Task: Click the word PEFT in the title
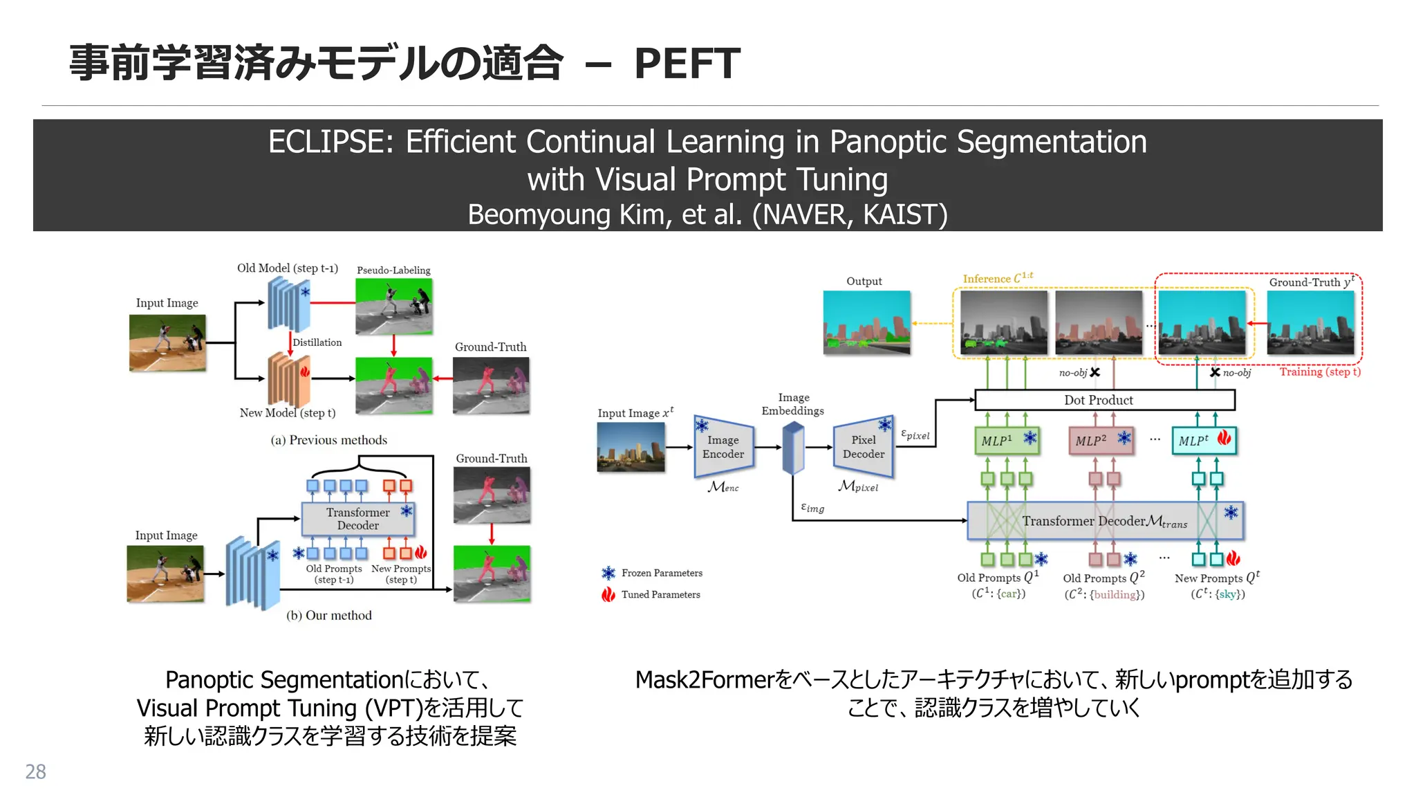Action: (x=687, y=64)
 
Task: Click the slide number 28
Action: (x=35, y=771)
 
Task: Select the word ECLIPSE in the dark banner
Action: (x=330, y=143)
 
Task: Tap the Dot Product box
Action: (x=1104, y=400)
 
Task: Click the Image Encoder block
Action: (x=723, y=448)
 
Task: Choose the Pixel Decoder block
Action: (x=864, y=448)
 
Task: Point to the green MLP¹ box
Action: (x=1006, y=440)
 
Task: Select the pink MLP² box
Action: (x=1100, y=440)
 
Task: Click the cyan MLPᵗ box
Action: (x=1203, y=440)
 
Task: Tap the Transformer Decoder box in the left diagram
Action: (x=358, y=519)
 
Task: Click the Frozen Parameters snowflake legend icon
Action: (x=608, y=573)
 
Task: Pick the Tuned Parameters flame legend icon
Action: (x=608, y=594)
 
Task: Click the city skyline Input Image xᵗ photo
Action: (x=631, y=448)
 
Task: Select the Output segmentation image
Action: (x=866, y=322)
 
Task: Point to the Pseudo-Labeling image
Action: (x=393, y=306)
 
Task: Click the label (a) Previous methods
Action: (x=328, y=440)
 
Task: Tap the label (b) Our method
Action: (x=328, y=616)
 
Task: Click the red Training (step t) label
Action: (x=1319, y=372)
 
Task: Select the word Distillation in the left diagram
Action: (x=317, y=342)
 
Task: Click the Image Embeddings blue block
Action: (x=793, y=449)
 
